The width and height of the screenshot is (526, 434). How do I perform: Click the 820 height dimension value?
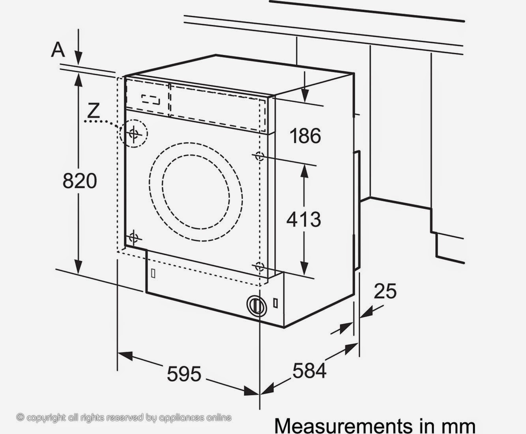(80, 181)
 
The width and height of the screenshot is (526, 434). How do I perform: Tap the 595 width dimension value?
(184, 374)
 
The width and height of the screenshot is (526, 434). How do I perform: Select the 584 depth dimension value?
(309, 370)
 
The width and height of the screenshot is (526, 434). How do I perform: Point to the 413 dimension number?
(303, 219)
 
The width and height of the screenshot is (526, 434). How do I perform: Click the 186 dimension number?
(305, 136)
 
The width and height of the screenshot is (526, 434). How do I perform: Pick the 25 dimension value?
(385, 291)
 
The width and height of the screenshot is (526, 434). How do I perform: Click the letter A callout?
(58, 50)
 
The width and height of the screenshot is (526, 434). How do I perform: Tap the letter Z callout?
(93, 110)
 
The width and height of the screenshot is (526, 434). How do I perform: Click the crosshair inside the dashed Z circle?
(134, 133)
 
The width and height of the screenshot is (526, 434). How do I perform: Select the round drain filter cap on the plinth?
(256, 305)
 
